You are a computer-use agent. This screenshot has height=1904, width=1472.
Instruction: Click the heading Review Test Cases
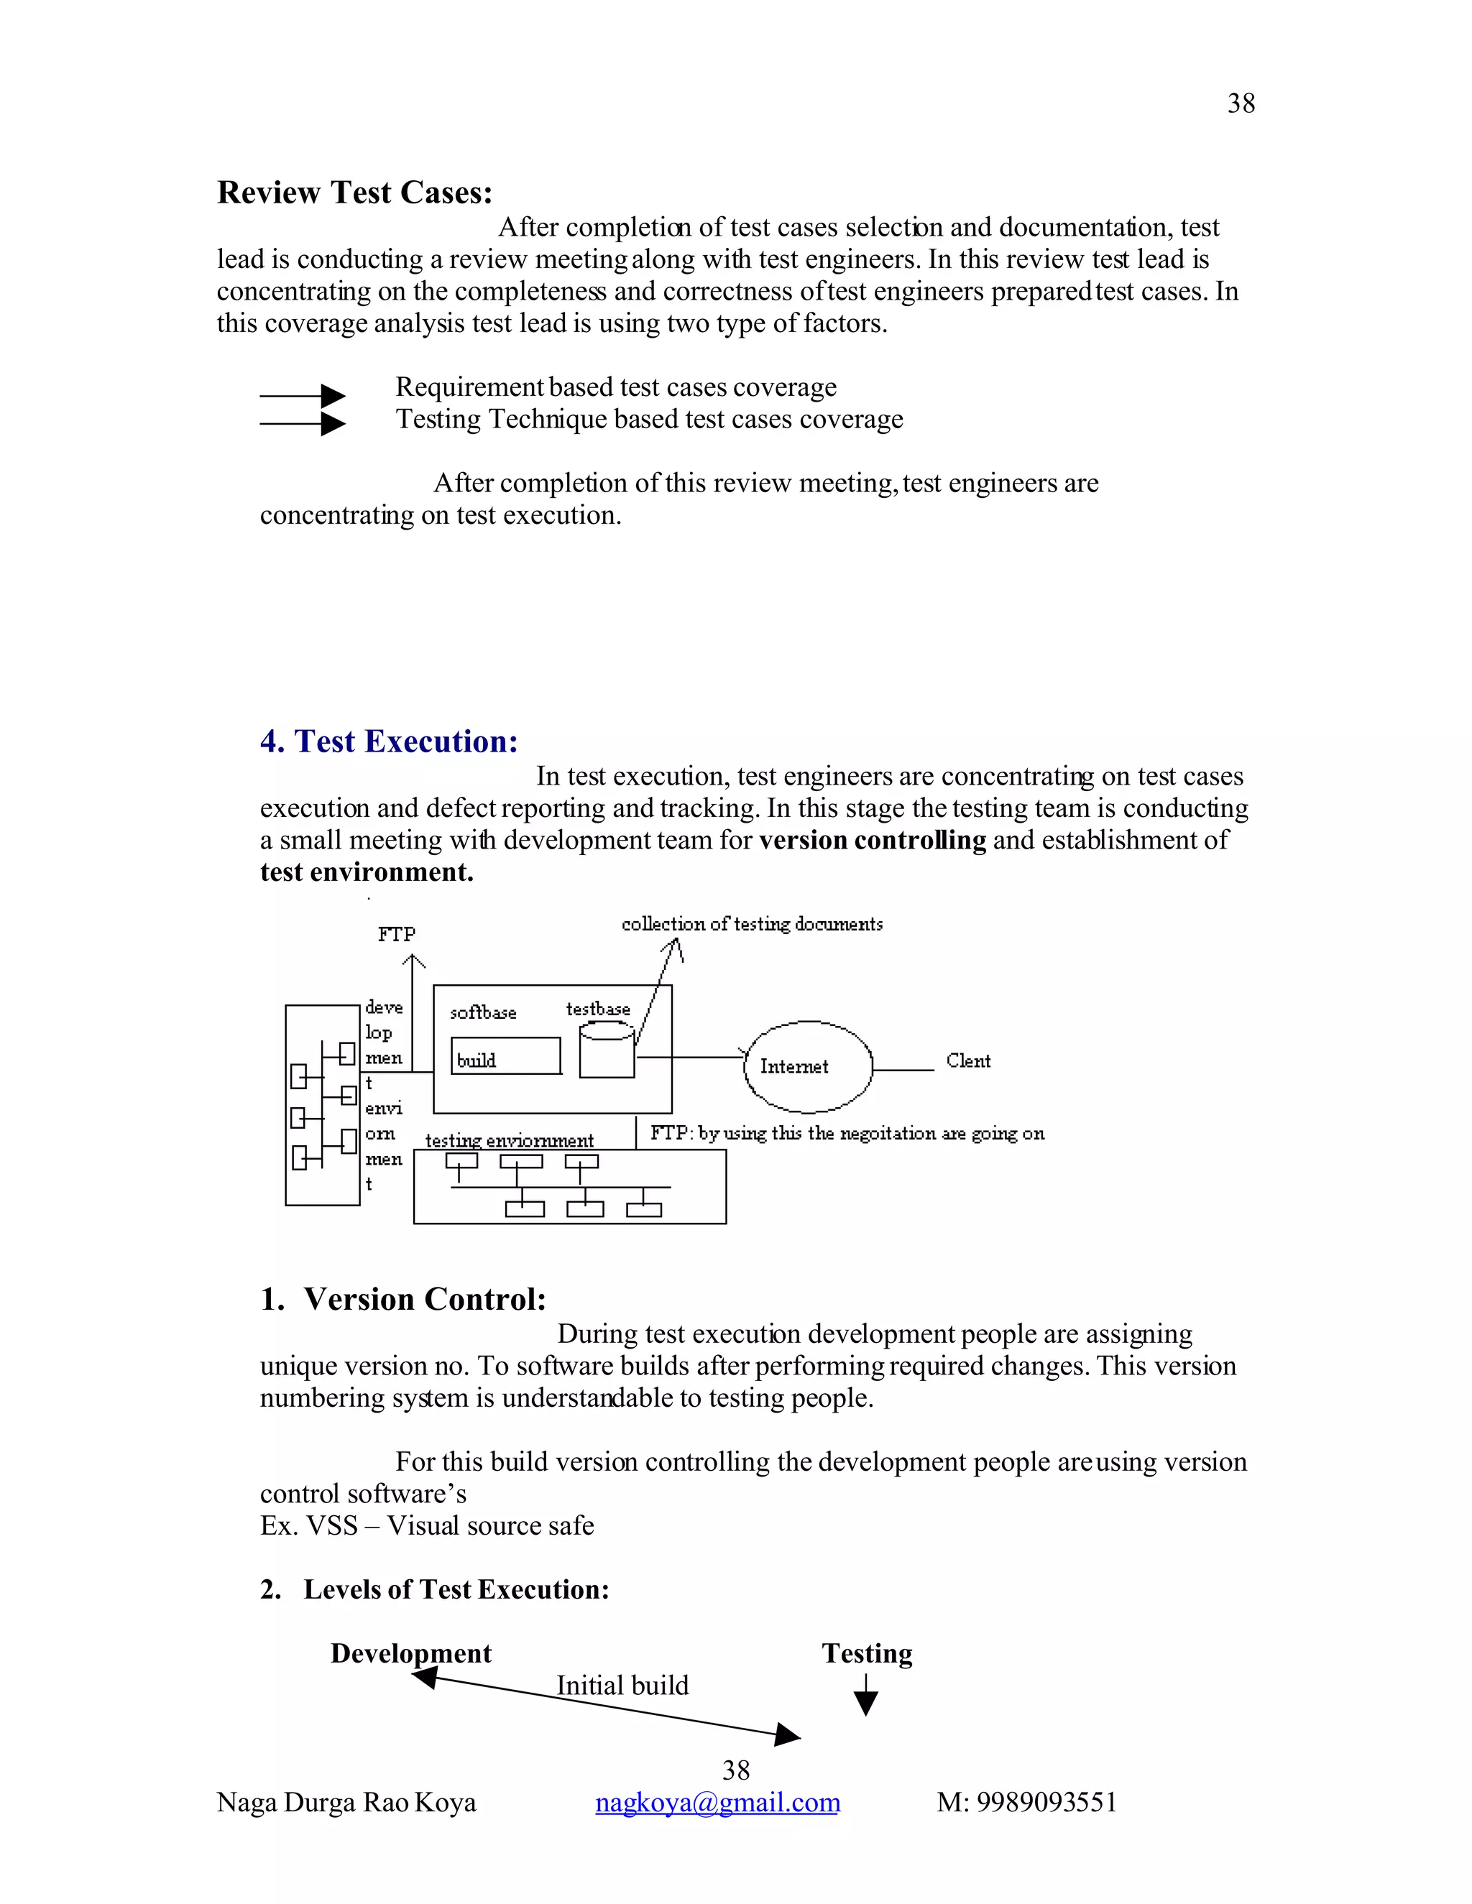[354, 193]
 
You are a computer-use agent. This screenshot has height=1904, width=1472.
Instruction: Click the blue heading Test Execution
[389, 742]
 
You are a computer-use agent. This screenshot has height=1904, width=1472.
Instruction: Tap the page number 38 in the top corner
[1240, 103]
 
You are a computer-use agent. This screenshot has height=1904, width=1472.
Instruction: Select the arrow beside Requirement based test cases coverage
[302, 396]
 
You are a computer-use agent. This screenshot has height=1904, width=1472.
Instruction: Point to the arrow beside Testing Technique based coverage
[302, 424]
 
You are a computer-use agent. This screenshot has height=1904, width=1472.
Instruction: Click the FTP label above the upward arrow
[397, 935]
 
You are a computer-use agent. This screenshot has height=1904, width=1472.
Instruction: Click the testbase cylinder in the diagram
[607, 1050]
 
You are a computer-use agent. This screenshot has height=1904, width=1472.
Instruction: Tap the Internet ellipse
[806, 1066]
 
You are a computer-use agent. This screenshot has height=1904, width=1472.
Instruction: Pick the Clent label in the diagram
[968, 1061]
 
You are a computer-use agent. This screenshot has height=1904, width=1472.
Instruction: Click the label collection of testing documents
[752, 924]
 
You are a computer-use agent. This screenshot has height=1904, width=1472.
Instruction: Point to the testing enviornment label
[510, 1140]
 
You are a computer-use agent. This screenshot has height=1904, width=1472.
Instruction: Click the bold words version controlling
[872, 841]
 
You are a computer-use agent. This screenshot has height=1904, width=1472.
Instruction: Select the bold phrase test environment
[367, 873]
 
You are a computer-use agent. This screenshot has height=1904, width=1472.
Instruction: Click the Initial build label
[622, 1685]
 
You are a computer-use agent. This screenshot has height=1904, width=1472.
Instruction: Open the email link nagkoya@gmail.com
[717, 1802]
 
